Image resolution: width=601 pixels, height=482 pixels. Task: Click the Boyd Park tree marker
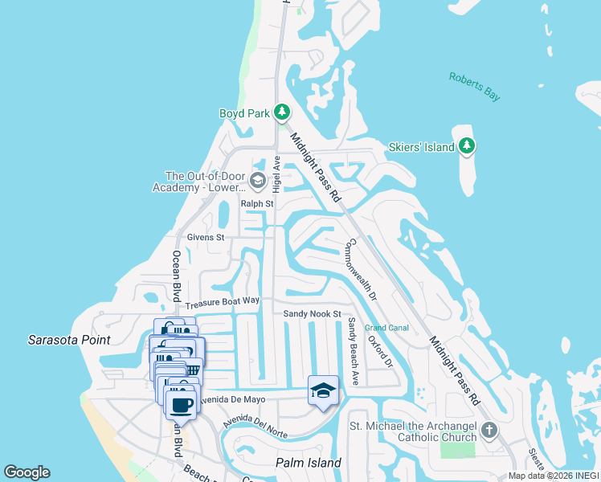281,112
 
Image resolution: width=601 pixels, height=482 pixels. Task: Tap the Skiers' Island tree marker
467,145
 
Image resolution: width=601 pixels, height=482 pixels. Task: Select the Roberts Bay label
474,86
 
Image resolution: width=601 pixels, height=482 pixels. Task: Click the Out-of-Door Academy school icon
257,180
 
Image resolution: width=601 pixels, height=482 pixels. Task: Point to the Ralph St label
257,204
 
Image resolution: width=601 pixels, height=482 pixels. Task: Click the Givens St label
206,238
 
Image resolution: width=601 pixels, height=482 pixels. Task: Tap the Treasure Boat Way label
223,303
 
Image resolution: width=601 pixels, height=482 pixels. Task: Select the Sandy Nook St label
313,313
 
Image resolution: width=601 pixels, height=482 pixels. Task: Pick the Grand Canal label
386,328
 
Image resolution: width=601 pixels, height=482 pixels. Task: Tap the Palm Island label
309,463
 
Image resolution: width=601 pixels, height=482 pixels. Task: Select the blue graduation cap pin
322,390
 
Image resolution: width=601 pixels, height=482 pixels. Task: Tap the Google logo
27,472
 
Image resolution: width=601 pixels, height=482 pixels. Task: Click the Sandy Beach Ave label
351,351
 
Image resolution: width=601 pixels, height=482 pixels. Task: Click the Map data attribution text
553,476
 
